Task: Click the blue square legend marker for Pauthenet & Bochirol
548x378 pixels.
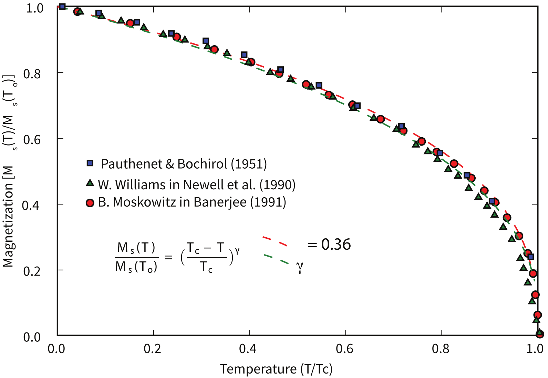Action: tap(90, 163)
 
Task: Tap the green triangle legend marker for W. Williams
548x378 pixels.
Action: tap(90, 183)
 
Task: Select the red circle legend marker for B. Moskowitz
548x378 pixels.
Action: tap(90, 203)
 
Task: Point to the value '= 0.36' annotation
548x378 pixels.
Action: tap(329, 245)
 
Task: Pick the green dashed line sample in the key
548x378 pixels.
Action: tap(276, 259)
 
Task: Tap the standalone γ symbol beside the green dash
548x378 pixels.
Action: tap(300, 267)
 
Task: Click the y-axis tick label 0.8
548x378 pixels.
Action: tap(32, 73)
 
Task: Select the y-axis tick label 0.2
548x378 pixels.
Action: tap(32, 271)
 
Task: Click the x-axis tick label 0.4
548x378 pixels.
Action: tap(248, 349)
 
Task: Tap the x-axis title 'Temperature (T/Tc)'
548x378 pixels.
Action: tap(276, 369)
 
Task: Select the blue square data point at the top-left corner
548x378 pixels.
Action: tap(62, 6)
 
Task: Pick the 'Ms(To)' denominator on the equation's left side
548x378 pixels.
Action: tap(136, 267)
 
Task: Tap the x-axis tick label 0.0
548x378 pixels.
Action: tap(56, 349)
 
